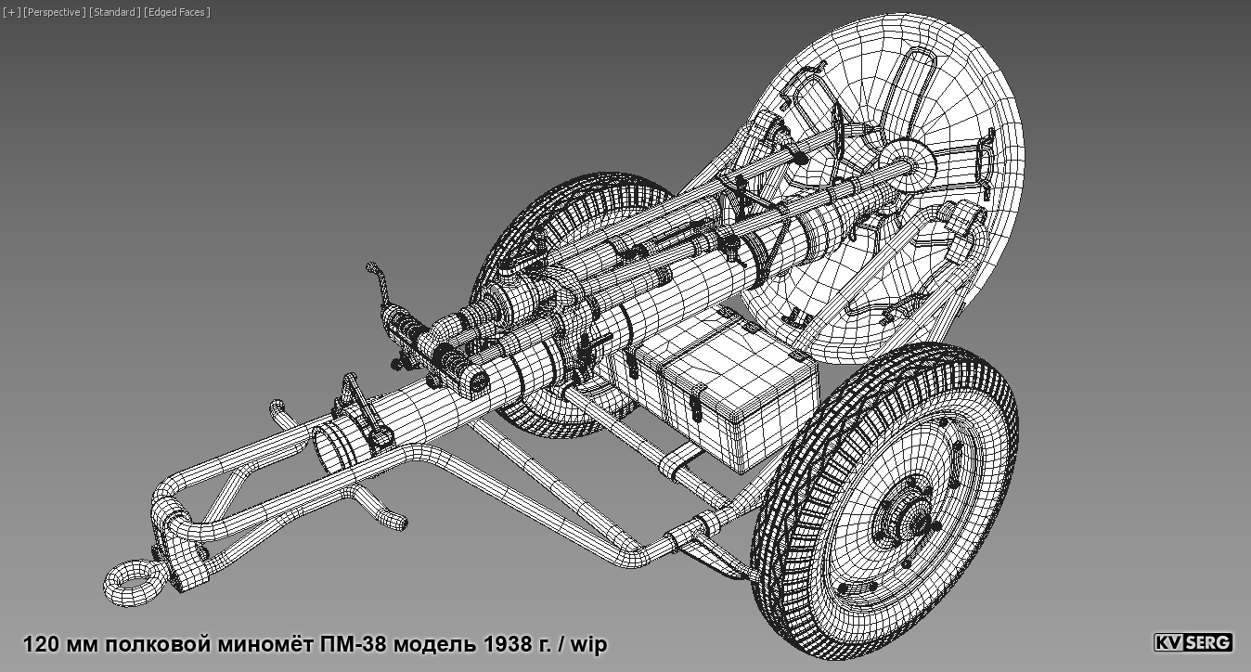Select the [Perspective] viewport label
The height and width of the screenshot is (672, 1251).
pyautogui.click(x=54, y=12)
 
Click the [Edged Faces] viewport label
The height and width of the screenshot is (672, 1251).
pyautogui.click(x=177, y=12)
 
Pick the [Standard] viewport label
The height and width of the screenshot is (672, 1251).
pyautogui.click(x=114, y=12)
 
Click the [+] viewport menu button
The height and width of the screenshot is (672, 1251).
pyautogui.click(x=11, y=12)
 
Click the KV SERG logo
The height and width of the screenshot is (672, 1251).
pyautogui.click(x=1193, y=642)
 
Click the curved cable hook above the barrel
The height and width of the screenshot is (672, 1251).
pyautogui.click(x=377, y=278)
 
